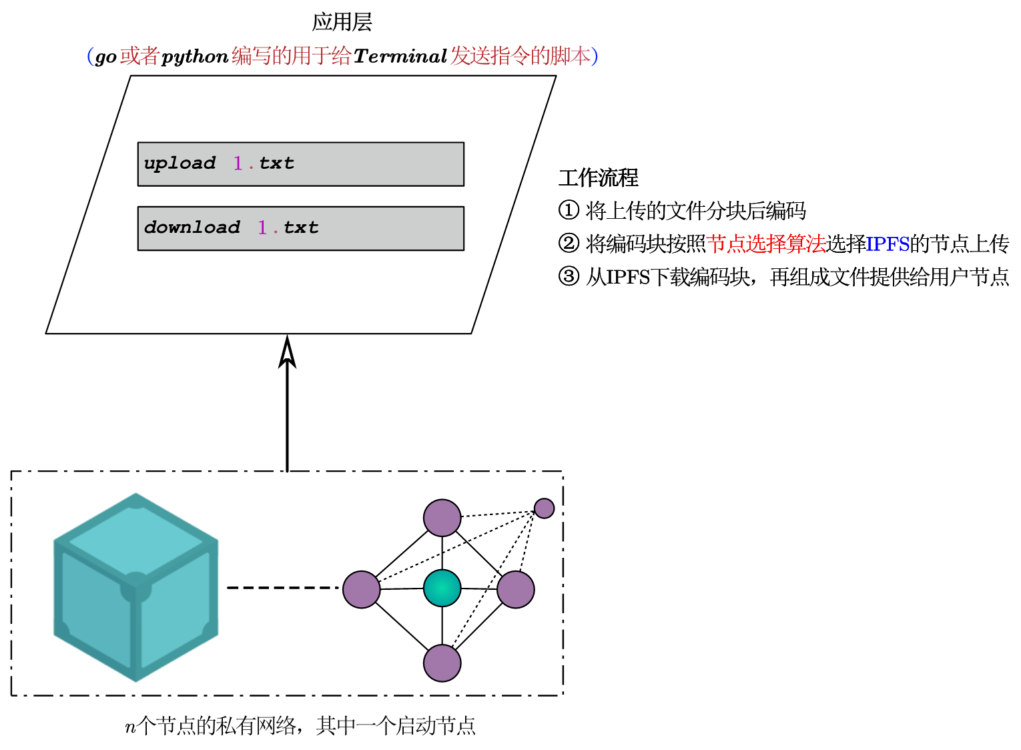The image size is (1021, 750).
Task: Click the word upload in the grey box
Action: coord(180,163)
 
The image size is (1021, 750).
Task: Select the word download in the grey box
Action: coord(192,228)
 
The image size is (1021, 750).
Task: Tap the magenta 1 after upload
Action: coord(238,163)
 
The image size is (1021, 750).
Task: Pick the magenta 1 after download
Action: coord(262,228)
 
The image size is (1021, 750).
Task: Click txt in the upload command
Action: coord(276,163)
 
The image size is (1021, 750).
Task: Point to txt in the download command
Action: coord(301,228)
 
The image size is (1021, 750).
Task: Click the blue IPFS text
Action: coord(888,244)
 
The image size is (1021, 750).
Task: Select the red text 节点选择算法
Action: coord(766,244)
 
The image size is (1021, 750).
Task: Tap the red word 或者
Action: coord(139,56)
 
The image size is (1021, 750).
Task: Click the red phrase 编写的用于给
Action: coord(291,56)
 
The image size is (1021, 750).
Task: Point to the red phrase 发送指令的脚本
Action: coord(520,56)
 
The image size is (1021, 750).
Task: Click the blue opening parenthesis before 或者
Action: coord(91,56)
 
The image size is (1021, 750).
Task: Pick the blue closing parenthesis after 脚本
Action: coord(595,56)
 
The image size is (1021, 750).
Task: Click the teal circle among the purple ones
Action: coord(442,588)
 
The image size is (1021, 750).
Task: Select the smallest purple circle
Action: coord(544,508)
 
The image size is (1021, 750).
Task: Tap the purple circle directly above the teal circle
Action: coord(442,518)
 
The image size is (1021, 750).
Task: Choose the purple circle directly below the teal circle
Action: coord(442,663)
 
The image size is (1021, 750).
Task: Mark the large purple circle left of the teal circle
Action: coord(361,589)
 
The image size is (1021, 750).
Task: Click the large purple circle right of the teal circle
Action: coord(515,589)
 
